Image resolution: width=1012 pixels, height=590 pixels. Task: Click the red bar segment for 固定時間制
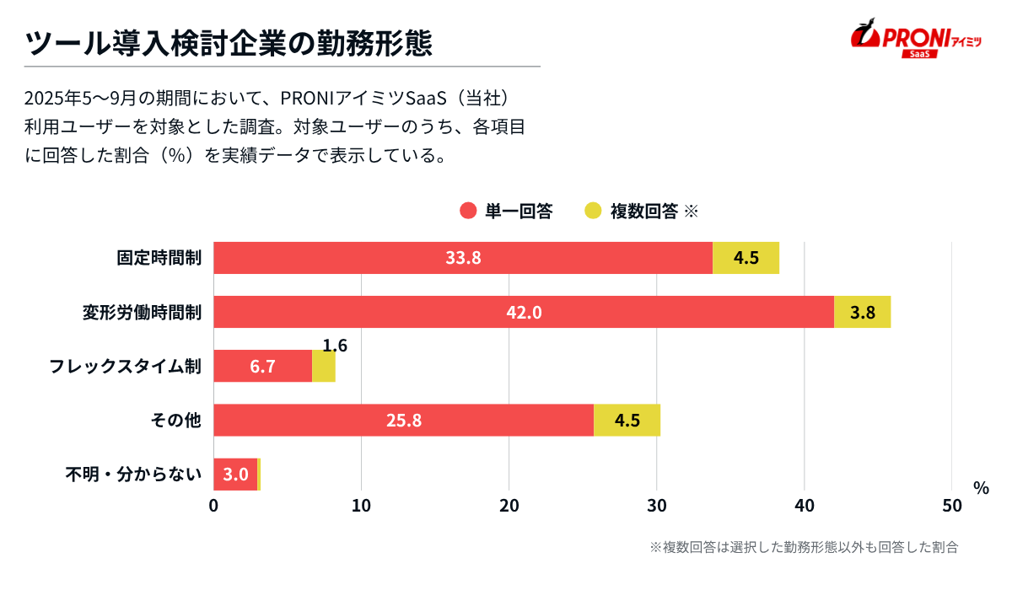(462, 258)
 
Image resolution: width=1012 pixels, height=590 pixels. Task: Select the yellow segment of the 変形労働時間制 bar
(862, 312)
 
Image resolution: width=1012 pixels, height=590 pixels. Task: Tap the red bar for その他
(403, 420)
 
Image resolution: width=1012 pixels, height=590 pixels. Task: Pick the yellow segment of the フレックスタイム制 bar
(323, 366)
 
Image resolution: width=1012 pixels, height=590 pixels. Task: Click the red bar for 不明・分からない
(234, 474)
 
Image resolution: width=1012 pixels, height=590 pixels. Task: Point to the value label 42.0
(523, 313)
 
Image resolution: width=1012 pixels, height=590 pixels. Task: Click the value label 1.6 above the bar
(335, 345)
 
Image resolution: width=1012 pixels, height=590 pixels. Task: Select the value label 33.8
(463, 258)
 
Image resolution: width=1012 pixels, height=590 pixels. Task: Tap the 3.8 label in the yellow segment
(862, 313)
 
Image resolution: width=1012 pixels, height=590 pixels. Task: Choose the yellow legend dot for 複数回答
(593, 211)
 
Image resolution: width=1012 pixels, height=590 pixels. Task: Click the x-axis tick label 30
(656, 506)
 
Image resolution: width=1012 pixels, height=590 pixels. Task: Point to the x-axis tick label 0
(213, 506)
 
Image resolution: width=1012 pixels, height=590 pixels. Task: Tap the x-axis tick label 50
(951, 506)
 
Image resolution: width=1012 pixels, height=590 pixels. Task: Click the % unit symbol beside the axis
(980, 488)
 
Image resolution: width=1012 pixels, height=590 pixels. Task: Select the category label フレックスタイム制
(125, 367)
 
